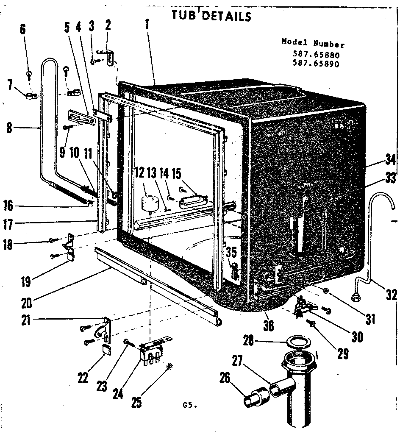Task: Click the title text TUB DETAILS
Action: click(x=211, y=16)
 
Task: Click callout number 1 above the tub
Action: click(x=147, y=25)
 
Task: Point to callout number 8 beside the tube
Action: click(x=9, y=128)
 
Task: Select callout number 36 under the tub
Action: click(x=269, y=325)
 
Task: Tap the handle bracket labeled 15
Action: click(x=193, y=201)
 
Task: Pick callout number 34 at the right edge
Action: click(x=390, y=160)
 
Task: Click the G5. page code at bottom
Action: click(x=189, y=406)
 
